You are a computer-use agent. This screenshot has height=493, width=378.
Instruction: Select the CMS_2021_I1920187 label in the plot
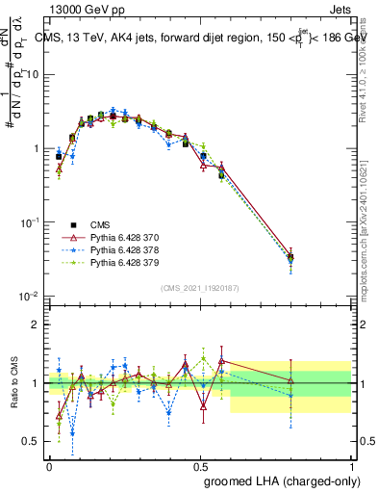click(x=199, y=288)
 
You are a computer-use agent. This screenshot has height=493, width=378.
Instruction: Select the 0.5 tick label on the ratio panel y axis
click(x=33, y=441)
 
